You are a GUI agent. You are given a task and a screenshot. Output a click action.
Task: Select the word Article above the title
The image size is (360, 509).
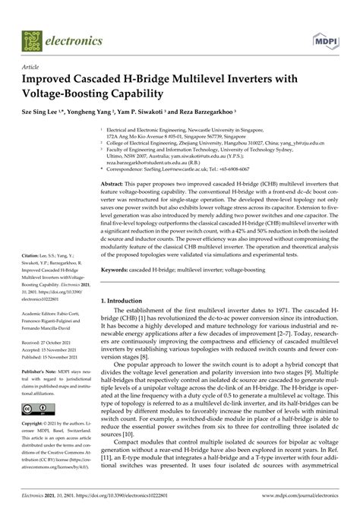tap(32, 68)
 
